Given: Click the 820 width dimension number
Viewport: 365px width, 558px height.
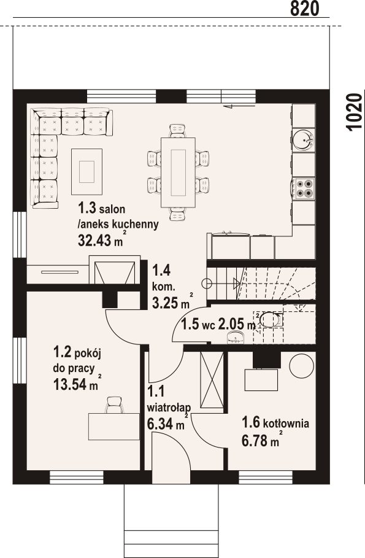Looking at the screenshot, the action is point(304,9).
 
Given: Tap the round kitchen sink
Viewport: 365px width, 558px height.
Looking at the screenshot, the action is point(304,139).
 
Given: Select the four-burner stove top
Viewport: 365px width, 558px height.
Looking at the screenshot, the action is point(304,188).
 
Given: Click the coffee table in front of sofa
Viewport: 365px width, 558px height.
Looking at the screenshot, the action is point(87,171).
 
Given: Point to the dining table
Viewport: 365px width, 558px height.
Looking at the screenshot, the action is point(179,172).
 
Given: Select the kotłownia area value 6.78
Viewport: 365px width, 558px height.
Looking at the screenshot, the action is point(255,441).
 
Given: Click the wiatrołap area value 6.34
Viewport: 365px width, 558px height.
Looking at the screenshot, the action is point(159,424).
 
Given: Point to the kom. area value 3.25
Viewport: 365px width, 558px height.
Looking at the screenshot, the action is point(165,303).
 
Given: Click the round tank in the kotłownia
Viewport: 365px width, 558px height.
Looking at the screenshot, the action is point(302,366).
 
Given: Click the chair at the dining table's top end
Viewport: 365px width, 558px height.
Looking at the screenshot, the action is point(178,131).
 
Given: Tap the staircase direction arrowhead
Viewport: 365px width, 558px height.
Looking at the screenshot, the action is point(237,283).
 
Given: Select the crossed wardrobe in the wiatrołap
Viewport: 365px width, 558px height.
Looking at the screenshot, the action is point(212,380).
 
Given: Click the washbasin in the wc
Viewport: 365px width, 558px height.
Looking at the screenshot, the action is point(236,338).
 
